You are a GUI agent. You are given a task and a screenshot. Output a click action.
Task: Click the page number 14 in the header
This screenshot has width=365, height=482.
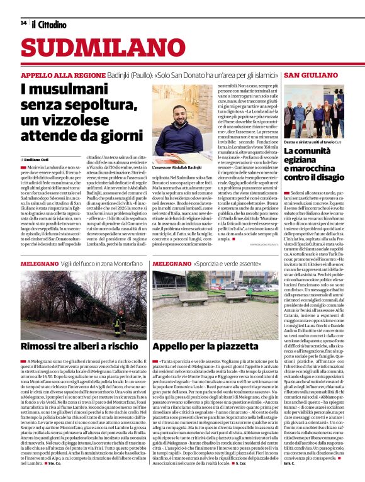[23, 23]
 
